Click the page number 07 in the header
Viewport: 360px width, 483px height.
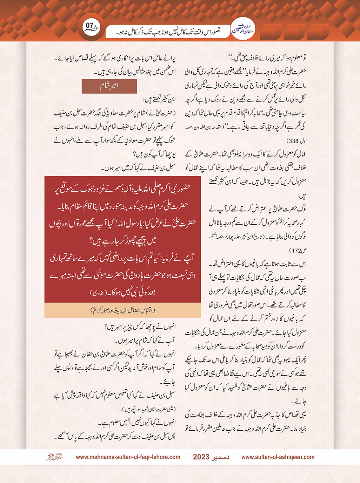(x=90, y=26)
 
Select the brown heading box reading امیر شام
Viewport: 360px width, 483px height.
(x=109, y=86)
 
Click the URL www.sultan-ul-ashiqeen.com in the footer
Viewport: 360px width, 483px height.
(x=278, y=457)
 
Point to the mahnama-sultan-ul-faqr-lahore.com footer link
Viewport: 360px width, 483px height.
(x=128, y=457)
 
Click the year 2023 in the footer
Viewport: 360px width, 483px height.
(x=201, y=457)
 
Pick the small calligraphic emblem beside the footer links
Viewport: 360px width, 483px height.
(x=54, y=457)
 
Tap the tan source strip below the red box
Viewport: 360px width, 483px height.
(x=122, y=310)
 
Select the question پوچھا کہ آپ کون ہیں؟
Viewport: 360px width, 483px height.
(x=154, y=154)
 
